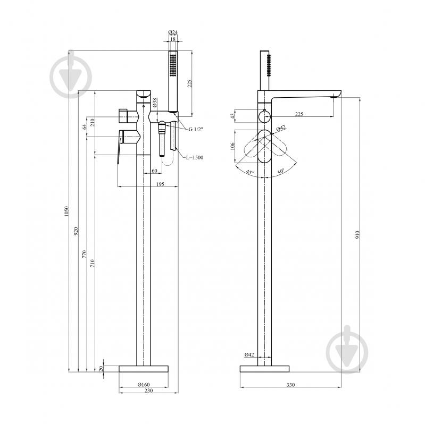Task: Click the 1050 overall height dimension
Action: coord(66,211)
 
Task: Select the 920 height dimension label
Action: coord(76,231)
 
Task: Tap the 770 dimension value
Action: coord(84,253)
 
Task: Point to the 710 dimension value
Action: coord(93,263)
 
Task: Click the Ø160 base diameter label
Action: coord(144,385)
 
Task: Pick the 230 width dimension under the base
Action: coord(148,390)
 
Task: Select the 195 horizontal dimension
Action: coord(160,184)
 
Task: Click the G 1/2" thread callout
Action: coord(196,129)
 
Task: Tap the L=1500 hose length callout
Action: coord(195,157)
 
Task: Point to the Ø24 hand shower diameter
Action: coord(173,32)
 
